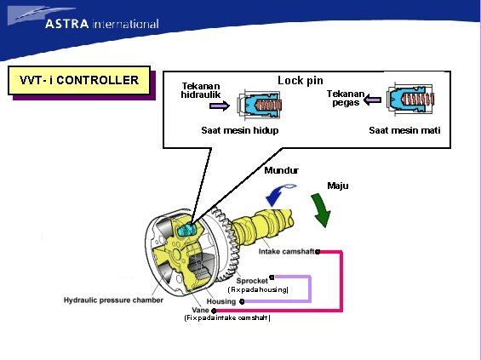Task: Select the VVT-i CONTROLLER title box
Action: pyautogui.click(x=78, y=81)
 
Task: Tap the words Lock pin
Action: pyautogui.click(x=300, y=80)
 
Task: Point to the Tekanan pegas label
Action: pyautogui.click(x=346, y=98)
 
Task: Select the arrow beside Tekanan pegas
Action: pyautogui.click(x=371, y=100)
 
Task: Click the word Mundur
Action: pyautogui.click(x=281, y=170)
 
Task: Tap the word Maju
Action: pyautogui.click(x=337, y=186)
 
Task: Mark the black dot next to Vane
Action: pyautogui.click(x=214, y=311)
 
